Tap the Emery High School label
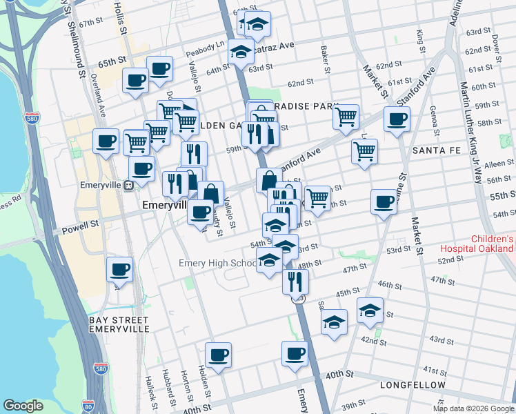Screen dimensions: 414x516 (217, 263)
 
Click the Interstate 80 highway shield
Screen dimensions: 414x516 (88, 406)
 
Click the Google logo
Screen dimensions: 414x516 (23, 406)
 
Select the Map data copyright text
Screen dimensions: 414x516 (473, 408)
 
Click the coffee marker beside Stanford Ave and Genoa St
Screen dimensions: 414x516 (397, 119)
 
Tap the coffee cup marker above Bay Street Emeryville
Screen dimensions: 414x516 (119, 270)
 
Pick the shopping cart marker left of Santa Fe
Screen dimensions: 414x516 (364, 151)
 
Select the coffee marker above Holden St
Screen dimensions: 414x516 (218, 355)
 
